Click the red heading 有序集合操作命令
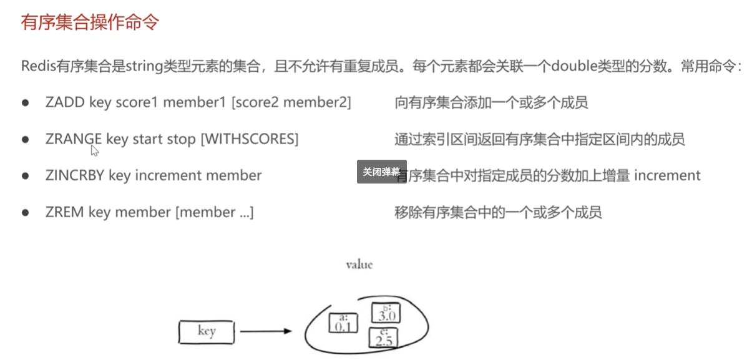pos(90,22)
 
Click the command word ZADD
pos(65,103)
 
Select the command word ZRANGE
pos(73,139)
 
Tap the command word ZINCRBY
pos(75,176)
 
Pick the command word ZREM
pos(64,212)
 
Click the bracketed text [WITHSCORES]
pos(249,139)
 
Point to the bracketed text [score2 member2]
pos(291,103)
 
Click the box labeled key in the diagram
pos(207,331)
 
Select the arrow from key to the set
pos(265,331)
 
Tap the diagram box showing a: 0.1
pos(341,323)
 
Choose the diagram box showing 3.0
pos(384,313)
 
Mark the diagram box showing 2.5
pos(383,338)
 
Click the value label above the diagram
pos(359,265)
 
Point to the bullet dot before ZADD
pos(26,103)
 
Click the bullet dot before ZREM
pos(26,212)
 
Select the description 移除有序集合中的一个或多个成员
pos(498,212)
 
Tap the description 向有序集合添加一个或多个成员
pos(491,103)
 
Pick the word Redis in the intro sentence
pos(39,66)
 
